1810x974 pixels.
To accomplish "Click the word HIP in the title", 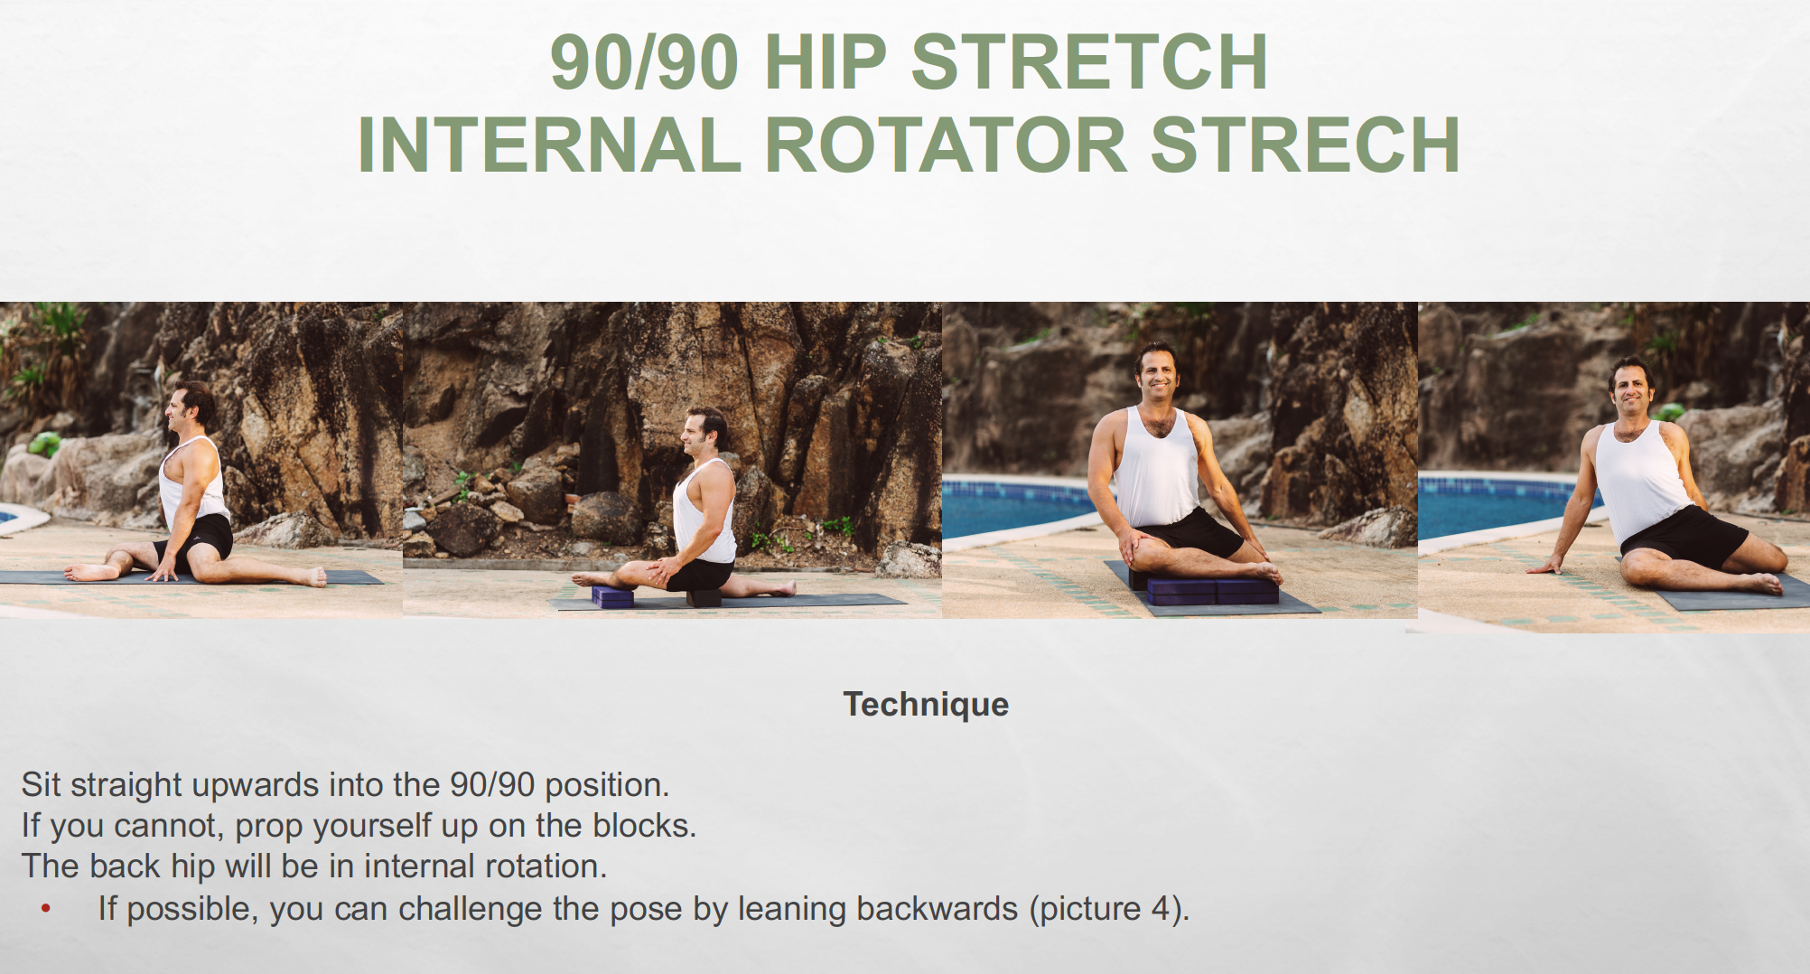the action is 826,62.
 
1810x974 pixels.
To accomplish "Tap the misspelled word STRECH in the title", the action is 1305,145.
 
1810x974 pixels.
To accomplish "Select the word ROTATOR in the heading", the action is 947,145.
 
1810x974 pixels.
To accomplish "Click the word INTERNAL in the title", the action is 549,145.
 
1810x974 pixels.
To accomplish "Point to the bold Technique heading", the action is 926,704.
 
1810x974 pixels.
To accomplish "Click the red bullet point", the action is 46,909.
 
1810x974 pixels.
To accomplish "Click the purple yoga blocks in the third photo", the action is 1212,591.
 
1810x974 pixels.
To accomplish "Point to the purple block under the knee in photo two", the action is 612,595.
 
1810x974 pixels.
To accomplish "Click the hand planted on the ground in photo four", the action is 1546,567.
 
